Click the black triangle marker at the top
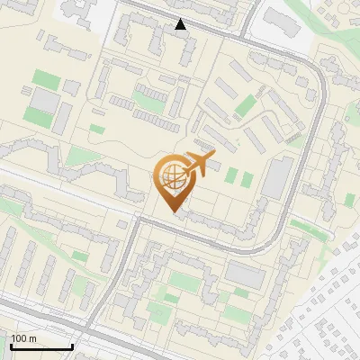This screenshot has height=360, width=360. (x=181, y=24)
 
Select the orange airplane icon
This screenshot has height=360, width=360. (x=201, y=163)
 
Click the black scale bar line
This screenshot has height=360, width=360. (x=40, y=347)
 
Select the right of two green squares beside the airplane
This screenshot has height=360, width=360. (x=246, y=177)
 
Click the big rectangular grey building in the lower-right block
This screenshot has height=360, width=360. (x=243, y=275)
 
